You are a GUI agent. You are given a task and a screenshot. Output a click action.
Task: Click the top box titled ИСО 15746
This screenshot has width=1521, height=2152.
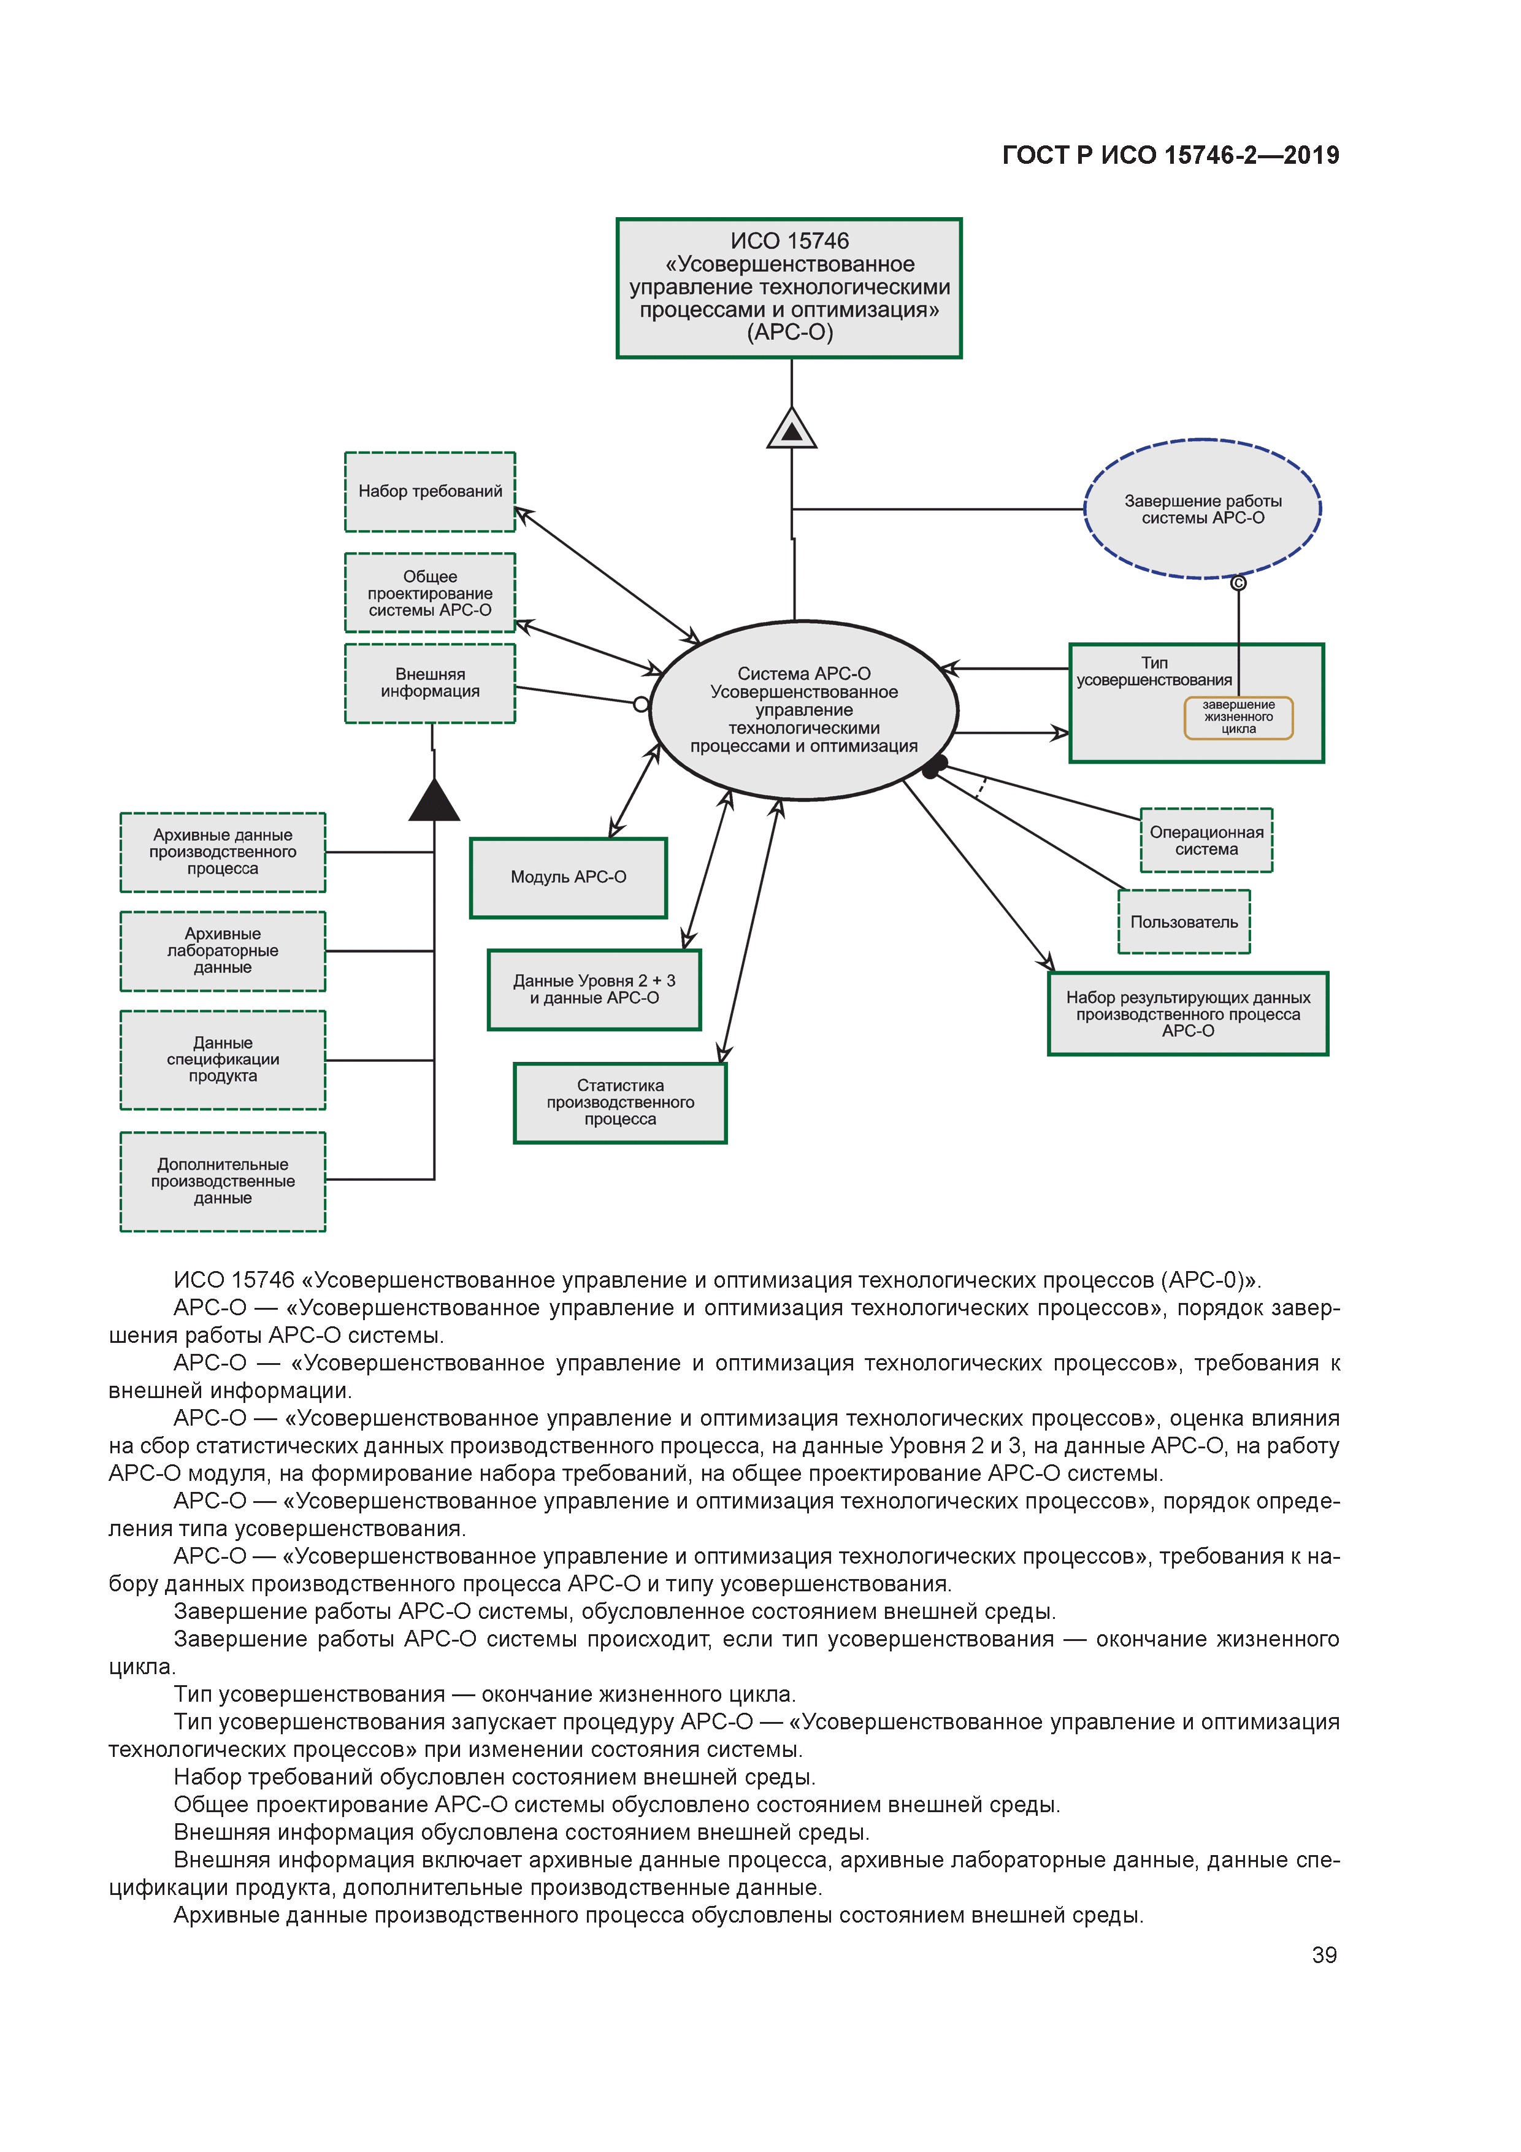tap(789, 288)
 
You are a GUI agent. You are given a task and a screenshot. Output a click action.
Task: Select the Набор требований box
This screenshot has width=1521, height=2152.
tap(430, 492)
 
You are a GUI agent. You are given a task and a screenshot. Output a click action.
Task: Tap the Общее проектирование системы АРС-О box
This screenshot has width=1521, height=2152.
tap(430, 593)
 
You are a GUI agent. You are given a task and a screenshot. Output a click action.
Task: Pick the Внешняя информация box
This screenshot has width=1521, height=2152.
tap(430, 683)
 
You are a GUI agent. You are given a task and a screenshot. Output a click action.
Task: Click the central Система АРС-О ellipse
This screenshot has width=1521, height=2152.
tap(803, 710)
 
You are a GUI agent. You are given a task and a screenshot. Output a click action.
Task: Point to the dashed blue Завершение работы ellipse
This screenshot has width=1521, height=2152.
tap(1202, 509)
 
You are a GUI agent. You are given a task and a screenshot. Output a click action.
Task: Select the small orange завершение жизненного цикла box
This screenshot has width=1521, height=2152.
tap(1238, 717)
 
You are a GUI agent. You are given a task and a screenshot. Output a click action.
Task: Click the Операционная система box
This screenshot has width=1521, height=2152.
tap(1206, 841)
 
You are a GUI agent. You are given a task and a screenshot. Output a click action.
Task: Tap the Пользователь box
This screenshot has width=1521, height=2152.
tap(1184, 922)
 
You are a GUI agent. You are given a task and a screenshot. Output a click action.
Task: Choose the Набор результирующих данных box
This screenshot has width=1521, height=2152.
tap(1187, 1014)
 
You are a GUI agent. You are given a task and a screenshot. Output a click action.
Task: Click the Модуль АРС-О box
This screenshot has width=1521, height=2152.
tap(568, 877)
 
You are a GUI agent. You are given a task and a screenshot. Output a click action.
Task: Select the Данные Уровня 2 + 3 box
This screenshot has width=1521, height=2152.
tap(594, 990)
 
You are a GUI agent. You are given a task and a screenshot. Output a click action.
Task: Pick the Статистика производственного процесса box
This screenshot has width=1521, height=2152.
tap(621, 1102)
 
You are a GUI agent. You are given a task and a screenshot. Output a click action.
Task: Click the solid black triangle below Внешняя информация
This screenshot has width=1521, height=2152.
tap(434, 802)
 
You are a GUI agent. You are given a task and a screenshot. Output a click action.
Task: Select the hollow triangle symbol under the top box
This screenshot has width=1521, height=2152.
tap(792, 429)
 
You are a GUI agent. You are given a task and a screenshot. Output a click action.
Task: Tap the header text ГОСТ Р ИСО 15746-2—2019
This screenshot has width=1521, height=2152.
tap(1171, 156)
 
